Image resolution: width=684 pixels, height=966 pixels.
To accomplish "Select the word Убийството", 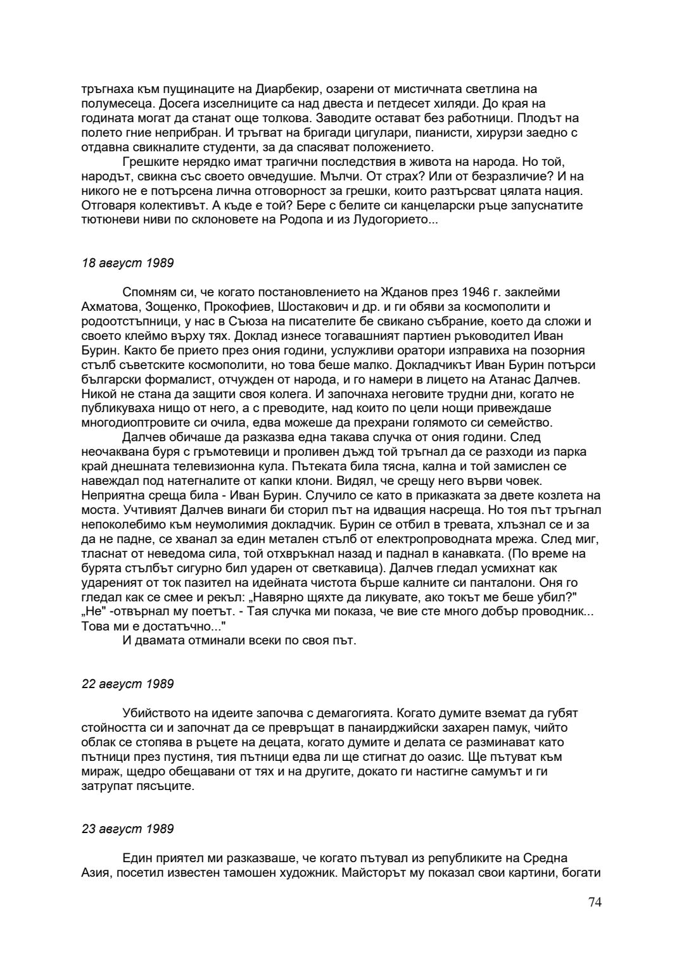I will [x=155, y=713].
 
